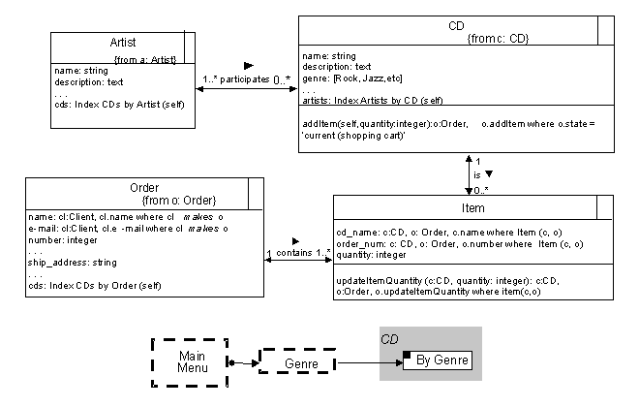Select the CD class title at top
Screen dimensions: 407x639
click(456, 25)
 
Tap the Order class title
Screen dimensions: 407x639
click(143, 187)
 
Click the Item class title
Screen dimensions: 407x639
click(473, 207)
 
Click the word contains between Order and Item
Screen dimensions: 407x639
click(295, 252)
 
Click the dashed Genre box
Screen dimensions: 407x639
click(296, 361)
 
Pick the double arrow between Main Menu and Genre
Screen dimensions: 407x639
click(243, 362)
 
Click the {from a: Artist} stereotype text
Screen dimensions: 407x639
click(145, 59)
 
